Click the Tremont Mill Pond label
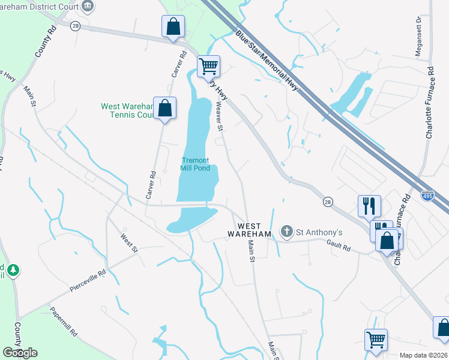(195, 164)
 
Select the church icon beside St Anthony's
(287, 232)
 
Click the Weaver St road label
(219, 117)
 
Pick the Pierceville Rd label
(88, 280)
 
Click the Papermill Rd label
(64, 322)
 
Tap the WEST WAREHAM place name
(250, 229)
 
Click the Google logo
(19, 353)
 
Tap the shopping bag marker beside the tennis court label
(164, 108)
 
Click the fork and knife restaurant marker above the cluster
(369, 206)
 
